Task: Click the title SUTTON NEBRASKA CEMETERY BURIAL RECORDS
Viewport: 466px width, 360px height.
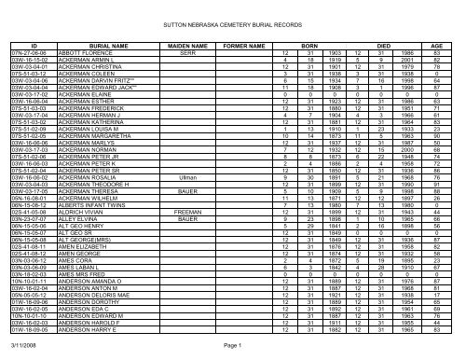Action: click(x=233, y=17)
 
